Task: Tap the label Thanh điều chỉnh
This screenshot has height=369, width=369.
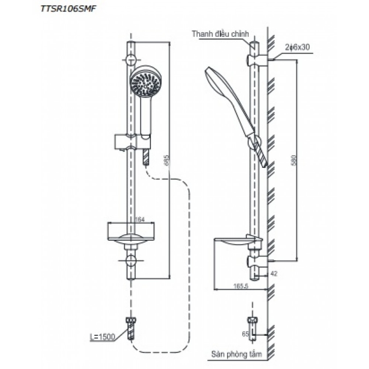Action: pyautogui.click(x=221, y=33)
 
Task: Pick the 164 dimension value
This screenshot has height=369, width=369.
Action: pyautogui.click(x=140, y=219)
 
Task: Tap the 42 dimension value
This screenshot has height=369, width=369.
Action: pyautogui.click(x=274, y=274)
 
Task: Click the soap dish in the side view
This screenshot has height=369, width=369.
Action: pyautogui.click(x=233, y=241)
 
